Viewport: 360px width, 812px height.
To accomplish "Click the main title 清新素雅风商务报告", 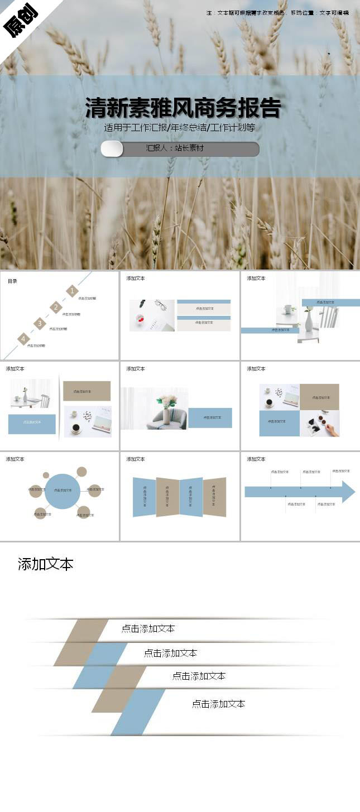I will tap(183, 108).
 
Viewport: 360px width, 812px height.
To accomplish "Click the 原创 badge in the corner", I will tap(21, 21).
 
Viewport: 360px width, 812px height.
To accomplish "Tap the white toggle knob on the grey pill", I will tap(112, 149).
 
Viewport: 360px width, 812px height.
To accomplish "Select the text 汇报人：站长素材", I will tap(175, 148).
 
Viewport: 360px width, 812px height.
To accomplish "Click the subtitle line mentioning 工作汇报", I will tap(179, 128).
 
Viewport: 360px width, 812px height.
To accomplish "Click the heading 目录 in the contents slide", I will tap(12, 281).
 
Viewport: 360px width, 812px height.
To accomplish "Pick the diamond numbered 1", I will tap(72, 291).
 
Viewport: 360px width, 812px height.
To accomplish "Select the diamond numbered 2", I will tap(56, 307).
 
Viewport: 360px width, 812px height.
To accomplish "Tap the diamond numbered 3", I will tap(39, 324).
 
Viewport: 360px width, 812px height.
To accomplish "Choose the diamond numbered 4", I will tap(23, 339).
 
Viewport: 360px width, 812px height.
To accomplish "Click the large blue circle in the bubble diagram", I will tap(63, 491).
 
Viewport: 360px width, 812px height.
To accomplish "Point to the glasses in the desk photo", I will tap(161, 305).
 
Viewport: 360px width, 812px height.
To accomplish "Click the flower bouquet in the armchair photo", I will tap(166, 401).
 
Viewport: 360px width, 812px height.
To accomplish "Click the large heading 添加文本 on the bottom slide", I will tap(45, 564).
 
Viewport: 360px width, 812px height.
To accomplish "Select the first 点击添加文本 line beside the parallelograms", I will tap(148, 628).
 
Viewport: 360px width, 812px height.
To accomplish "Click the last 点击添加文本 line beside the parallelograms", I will tap(218, 704).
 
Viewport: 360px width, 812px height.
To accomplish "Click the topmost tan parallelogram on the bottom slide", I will tap(81, 642).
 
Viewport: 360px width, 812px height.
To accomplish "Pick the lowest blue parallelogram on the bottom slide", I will tap(138, 712).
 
